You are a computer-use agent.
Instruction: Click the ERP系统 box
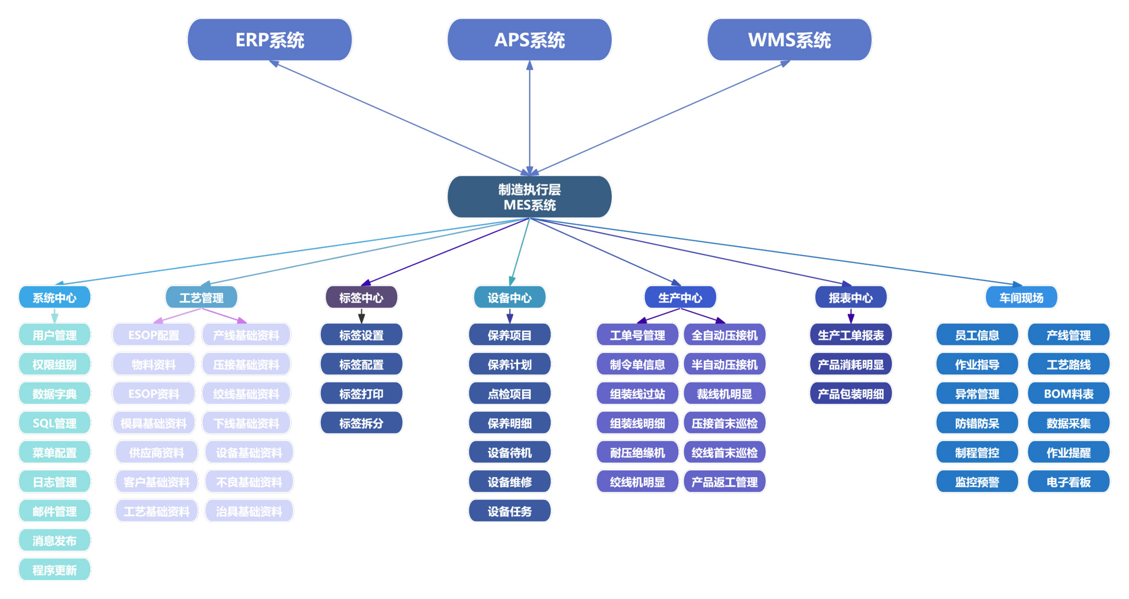click(x=269, y=40)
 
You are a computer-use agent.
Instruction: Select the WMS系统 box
click(x=789, y=40)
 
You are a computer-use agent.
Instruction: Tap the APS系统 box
click(x=529, y=40)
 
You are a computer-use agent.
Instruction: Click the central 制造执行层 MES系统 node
click(x=529, y=197)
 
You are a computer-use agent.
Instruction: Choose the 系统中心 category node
click(x=54, y=298)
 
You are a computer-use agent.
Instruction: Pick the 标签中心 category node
click(x=361, y=298)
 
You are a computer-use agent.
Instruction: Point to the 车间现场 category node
click(x=1021, y=298)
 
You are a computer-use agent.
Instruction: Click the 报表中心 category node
click(x=850, y=298)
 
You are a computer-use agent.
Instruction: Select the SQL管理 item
click(x=54, y=423)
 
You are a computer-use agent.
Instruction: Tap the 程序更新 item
click(x=54, y=570)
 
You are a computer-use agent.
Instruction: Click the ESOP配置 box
click(x=154, y=335)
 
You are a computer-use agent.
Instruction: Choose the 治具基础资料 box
click(x=249, y=511)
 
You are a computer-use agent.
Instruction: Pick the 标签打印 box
click(x=361, y=393)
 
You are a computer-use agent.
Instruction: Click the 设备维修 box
click(x=509, y=482)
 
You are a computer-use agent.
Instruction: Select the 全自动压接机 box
click(x=724, y=335)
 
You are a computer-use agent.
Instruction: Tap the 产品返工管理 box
click(x=724, y=482)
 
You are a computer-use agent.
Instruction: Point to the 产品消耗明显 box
click(x=850, y=364)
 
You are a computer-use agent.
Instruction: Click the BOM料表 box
click(x=1068, y=393)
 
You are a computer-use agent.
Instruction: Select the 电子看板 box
click(x=1068, y=482)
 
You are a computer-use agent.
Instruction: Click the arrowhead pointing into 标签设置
click(x=361, y=319)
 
